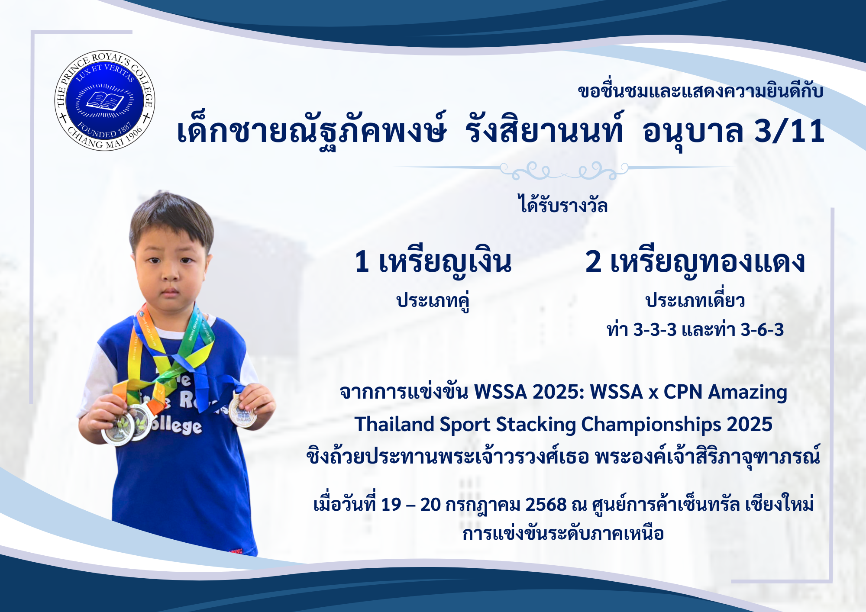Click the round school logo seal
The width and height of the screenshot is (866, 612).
(x=105, y=100)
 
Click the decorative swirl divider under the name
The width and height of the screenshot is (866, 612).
(x=564, y=170)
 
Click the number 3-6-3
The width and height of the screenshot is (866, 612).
(x=762, y=330)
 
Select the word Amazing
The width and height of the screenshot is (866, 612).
(x=747, y=393)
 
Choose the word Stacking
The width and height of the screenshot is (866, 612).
(x=535, y=425)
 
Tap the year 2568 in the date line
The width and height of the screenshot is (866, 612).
(x=546, y=505)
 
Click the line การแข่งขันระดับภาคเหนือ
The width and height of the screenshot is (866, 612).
(x=563, y=534)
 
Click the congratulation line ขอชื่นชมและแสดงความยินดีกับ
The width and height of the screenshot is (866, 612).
(x=700, y=91)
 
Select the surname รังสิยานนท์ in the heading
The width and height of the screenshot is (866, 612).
(x=544, y=129)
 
